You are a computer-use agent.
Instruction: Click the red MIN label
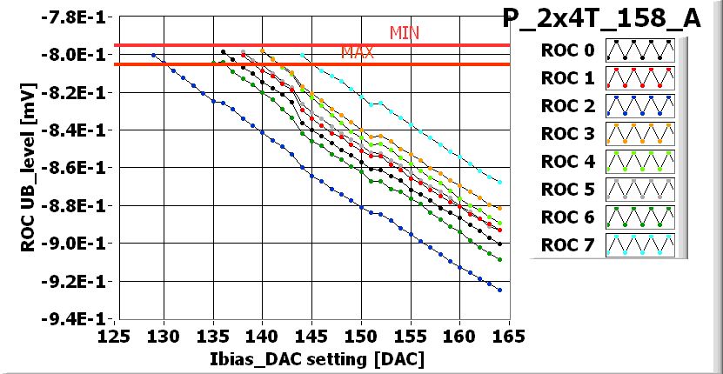click(x=405, y=33)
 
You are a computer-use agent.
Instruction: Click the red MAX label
click(x=357, y=52)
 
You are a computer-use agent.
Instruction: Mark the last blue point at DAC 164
click(x=499, y=290)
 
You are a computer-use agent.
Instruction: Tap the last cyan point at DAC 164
click(x=499, y=182)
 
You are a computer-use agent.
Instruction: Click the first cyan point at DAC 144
click(x=301, y=55)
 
